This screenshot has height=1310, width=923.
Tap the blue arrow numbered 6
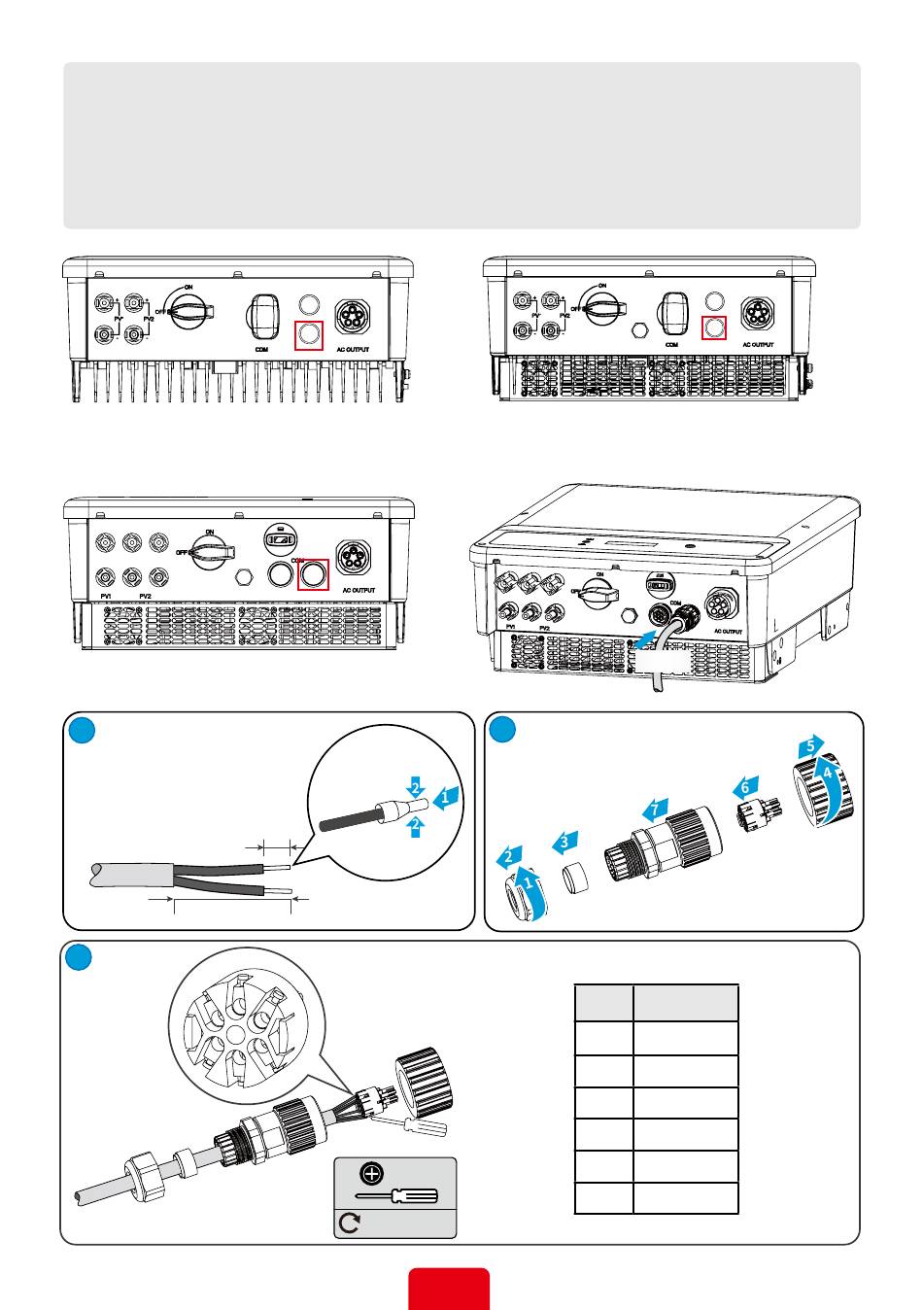pos(746,788)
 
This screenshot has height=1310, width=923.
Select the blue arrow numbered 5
pos(809,748)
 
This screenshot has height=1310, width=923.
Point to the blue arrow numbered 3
pos(567,842)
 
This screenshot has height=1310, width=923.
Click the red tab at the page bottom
pos(449,1288)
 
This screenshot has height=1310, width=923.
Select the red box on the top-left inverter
pos(308,334)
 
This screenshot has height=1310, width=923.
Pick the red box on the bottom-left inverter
pos(313,574)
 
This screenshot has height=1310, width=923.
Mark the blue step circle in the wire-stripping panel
pos(82,732)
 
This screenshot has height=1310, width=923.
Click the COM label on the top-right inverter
pos(670,344)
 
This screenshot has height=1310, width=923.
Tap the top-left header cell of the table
pos(603,1003)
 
